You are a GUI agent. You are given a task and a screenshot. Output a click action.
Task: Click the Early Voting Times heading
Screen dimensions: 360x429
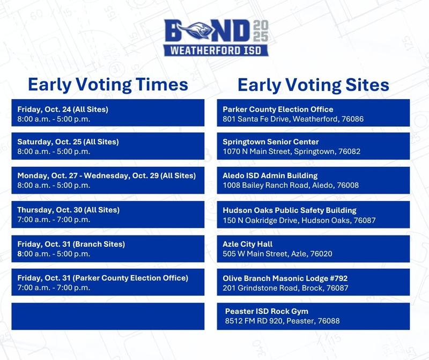[x=108, y=85]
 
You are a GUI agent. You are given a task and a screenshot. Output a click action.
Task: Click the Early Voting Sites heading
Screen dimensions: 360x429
[x=313, y=85]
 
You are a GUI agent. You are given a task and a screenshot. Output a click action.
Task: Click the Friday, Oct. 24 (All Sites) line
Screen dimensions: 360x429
[x=63, y=109]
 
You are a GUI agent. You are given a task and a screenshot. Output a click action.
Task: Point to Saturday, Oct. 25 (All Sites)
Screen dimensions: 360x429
[x=68, y=142]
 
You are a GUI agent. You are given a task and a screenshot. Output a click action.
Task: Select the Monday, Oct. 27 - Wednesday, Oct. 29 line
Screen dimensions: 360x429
[x=107, y=175]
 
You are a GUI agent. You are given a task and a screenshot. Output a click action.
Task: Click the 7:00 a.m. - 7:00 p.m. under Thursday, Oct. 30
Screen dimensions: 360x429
[x=54, y=219]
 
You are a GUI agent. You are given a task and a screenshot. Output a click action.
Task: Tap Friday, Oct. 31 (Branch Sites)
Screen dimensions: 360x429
[x=71, y=244]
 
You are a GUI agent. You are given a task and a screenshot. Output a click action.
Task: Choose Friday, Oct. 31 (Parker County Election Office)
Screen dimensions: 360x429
[x=103, y=278]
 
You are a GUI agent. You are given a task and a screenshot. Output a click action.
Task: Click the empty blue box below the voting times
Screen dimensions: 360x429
[x=108, y=316]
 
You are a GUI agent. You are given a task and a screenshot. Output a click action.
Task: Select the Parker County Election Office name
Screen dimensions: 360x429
[x=278, y=109]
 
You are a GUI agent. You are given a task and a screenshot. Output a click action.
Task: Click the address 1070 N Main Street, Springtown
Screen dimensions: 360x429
[x=292, y=151]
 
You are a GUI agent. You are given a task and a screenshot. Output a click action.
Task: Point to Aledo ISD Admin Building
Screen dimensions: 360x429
[x=270, y=175]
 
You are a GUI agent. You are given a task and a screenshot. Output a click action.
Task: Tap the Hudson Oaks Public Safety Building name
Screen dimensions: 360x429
[x=290, y=210]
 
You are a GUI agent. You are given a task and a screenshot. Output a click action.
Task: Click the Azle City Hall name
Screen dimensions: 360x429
[x=248, y=244]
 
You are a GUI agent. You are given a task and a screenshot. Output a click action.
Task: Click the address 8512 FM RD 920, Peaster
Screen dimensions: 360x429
[x=282, y=321]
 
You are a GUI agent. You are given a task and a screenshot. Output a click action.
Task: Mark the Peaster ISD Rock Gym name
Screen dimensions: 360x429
[x=267, y=311]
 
